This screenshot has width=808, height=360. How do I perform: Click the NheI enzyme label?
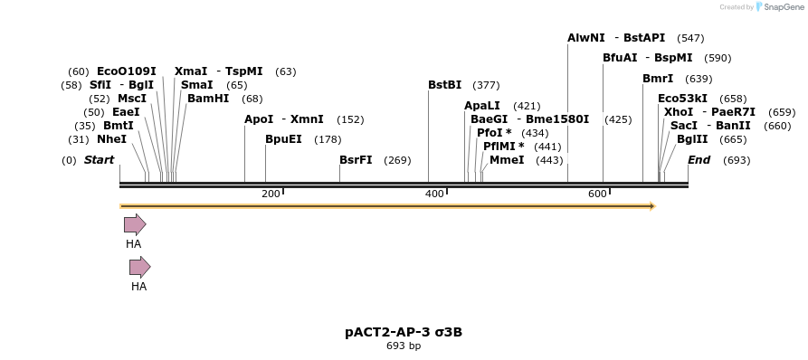point(111,139)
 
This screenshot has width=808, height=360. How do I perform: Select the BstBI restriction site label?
point(444,85)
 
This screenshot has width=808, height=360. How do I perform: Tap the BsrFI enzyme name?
point(356,160)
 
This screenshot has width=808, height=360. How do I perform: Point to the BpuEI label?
point(283,139)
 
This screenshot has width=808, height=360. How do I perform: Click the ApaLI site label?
point(481,106)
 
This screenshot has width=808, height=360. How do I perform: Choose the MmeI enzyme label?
point(506,160)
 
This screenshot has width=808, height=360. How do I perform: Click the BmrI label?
point(658,79)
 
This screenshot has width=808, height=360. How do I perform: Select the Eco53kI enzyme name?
point(682,99)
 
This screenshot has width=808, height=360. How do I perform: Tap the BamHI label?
point(208,99)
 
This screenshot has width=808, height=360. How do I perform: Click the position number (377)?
point(486,85)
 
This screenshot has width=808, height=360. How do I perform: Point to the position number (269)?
point(397,160)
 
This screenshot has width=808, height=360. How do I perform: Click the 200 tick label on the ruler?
point(271,194)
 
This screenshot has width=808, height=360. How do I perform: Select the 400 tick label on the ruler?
point(434,194)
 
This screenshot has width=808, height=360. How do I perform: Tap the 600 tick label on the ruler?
point(597,194)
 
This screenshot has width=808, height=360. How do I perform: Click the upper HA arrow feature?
point(134,224)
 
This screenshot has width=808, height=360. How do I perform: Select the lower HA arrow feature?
point(139,267)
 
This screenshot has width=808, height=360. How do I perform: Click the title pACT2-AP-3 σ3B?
point(404,332)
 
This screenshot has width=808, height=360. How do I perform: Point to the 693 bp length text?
point(404,346)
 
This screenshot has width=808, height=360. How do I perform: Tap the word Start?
point(99,160)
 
